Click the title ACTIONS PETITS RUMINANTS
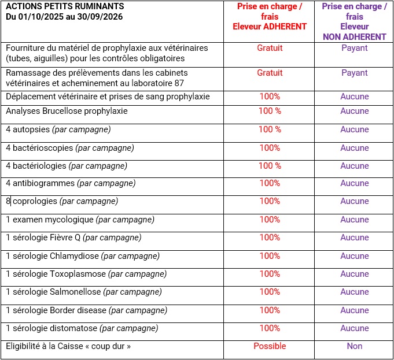65,7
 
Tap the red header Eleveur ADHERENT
270,27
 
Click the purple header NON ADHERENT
355,36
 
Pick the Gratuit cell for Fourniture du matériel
270,48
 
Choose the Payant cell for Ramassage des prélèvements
355,73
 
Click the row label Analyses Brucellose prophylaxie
67,111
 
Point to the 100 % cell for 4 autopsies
270,129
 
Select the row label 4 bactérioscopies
69,148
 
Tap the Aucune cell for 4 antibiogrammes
355,183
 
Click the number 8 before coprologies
8,201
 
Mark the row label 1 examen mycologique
80,220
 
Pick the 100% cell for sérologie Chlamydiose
270,255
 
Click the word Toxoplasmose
79,274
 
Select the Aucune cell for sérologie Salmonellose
355,292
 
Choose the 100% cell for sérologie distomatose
270,328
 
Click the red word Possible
270,346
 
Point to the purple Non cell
355,346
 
